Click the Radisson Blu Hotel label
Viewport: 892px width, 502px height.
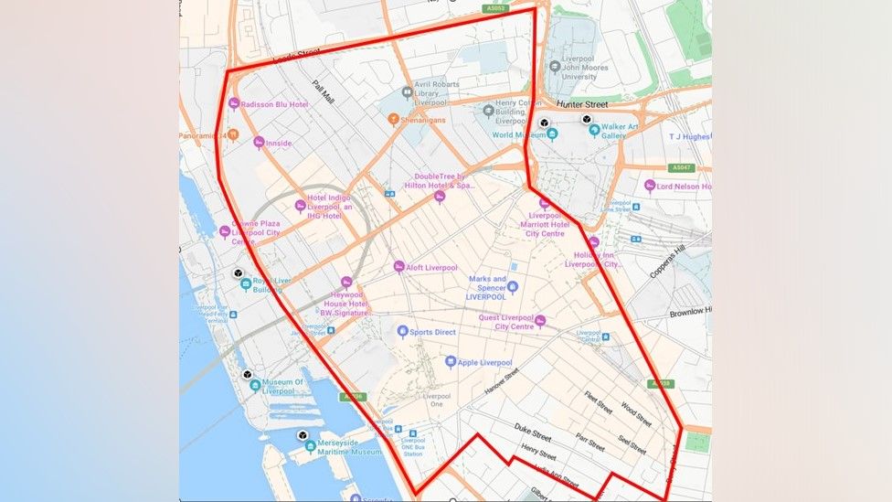(x=274, y=105)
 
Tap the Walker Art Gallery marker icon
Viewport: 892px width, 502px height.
(x=594, y=131)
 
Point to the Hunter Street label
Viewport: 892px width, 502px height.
(x=582, y=104)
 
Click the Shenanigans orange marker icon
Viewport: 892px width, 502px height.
(x=394, y=119)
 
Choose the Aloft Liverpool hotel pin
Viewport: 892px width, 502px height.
(x=398, y=267)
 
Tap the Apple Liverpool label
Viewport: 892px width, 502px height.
(x=484, y=363)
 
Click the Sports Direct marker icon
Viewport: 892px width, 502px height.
(x=402, y=331)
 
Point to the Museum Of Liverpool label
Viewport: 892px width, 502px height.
(x=290, y=386)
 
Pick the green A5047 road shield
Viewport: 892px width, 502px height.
(x=681, y=168)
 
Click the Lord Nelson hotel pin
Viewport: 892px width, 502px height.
(x=650, y=186)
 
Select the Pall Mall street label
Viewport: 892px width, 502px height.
(x=324, y=92)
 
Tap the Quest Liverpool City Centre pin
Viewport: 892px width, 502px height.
(x=540, y=320)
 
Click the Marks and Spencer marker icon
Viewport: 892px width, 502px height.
(x=513, y=287)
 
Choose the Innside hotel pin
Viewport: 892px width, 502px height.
(x=259, y=143)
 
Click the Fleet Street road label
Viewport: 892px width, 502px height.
(x=599, y=402)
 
